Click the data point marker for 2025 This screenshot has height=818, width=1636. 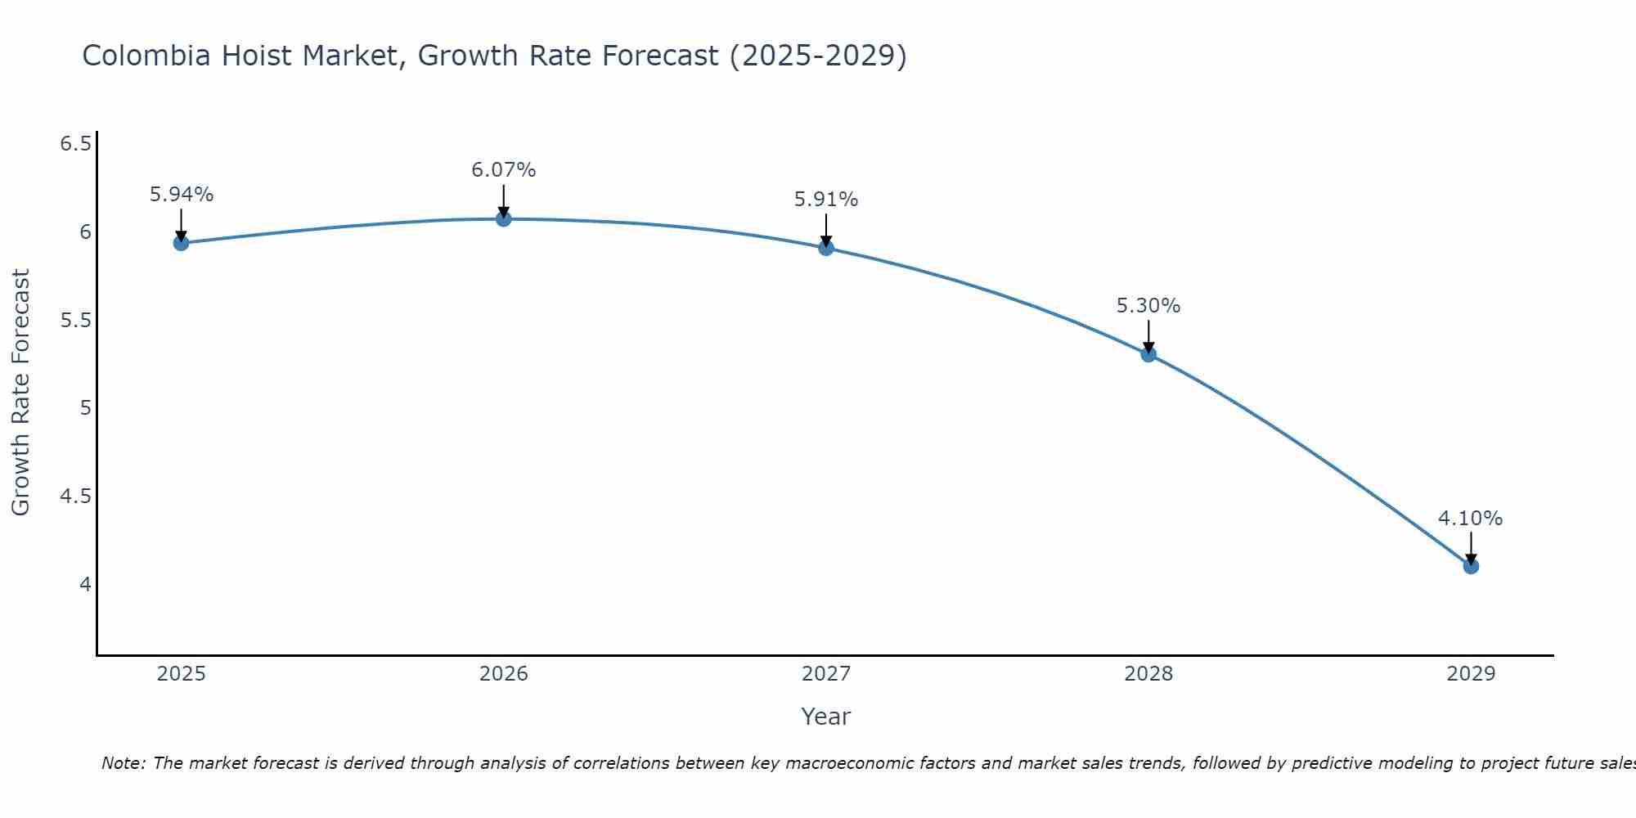point(182,243)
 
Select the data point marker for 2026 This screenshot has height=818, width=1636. point(504,219)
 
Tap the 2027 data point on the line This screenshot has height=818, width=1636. point(826,248)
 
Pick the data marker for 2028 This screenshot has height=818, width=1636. point(1148,354)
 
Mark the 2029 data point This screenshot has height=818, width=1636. point(1471,566)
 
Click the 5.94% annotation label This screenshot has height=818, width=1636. point(182,195)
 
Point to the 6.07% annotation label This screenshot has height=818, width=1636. point(504,170)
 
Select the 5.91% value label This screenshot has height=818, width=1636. point(826,200)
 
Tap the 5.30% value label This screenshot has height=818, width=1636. point(1148,306)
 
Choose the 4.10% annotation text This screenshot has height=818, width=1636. point(1471,519)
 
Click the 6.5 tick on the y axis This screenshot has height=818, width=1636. point(75,145)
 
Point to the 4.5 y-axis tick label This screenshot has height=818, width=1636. point(75,497)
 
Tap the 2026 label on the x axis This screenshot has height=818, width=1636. point(504,674)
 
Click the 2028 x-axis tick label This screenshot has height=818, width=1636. point(1148,674)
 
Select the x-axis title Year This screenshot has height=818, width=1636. point(826,717)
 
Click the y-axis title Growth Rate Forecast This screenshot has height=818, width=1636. point(20,393)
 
